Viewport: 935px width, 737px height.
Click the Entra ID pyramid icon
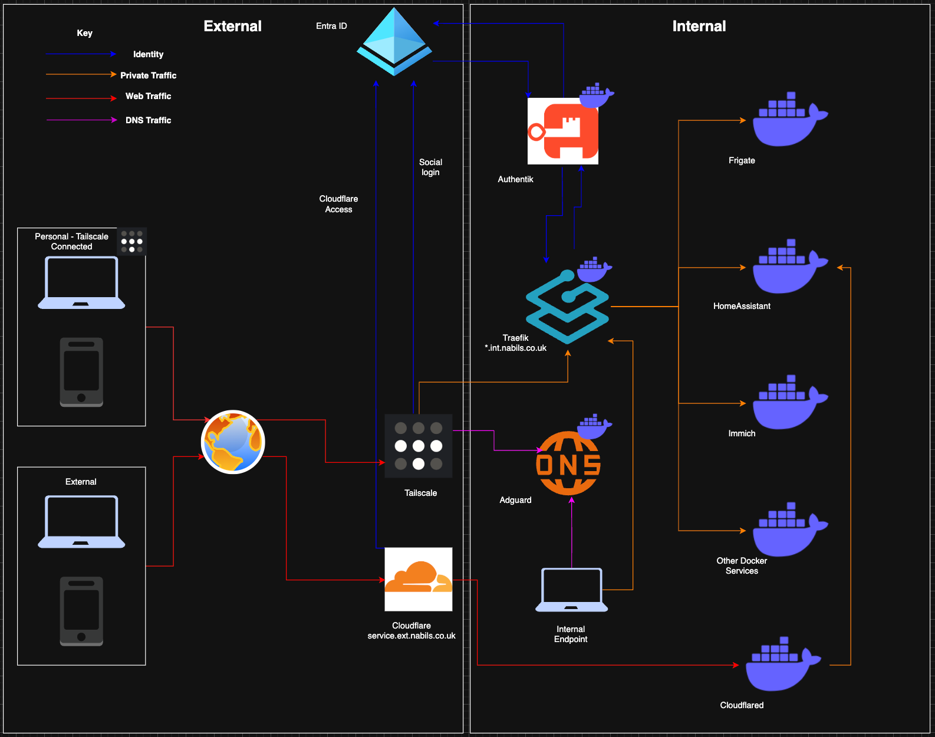pos(394,41)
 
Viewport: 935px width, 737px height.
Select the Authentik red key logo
pos(563,131)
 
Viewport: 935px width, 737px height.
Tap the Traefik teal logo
pos(567,307)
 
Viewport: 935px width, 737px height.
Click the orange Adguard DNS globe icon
pos(568,463)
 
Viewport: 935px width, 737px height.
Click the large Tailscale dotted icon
pos(419,446)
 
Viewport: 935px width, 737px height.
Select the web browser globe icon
pos(233,442)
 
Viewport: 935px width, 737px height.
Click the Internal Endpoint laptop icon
pos(571,590)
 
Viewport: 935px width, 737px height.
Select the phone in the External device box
pos(81,611)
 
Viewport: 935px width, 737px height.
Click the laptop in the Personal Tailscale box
pos(81,283)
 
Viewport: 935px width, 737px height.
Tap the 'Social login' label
pos(430,167)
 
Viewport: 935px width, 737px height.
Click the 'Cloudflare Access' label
pos(338,204)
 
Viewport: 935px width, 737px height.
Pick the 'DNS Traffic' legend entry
pos(148,120)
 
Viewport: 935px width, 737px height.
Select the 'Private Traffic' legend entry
pos(148,75)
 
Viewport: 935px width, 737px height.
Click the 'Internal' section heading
pos(699,26)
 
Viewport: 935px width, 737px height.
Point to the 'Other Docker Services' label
pos(742,565)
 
